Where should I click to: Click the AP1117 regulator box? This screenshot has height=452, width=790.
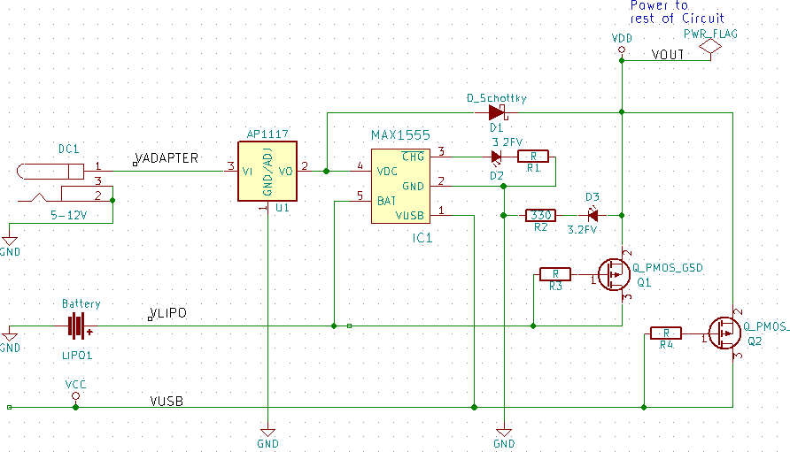(x=267, y=172)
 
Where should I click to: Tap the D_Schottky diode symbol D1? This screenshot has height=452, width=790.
(x=496, y=112)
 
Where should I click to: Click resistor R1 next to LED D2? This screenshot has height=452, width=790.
(x=533, y=157)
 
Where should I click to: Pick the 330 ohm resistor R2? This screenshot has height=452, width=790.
(x=539, y=215)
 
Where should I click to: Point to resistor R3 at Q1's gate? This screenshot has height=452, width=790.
(x=555, y=274)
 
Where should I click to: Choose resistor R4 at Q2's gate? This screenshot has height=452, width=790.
(x=666, y=333)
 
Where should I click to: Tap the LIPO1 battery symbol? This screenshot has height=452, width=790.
(x=79, y=326)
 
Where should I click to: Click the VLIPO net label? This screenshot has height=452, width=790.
(x=168, y=314)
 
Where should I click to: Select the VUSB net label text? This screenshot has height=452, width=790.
(x=167, y=401)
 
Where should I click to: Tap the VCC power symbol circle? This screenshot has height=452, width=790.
(x=75, y=398)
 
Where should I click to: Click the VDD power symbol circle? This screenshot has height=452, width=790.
(x=622, y=51)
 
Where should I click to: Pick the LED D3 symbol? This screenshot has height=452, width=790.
(x=592, y=215)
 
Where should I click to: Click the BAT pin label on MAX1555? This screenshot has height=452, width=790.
(x=387, y=201)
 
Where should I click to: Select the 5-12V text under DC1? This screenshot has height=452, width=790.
(x=69, y=215)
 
